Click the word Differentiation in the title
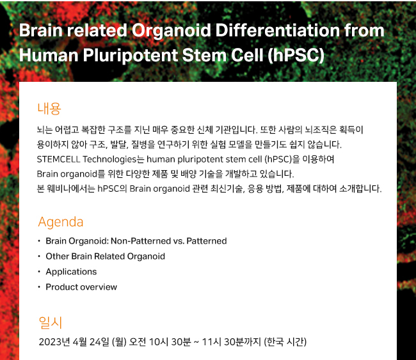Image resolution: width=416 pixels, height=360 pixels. pyautogui.click(x=278, y=30)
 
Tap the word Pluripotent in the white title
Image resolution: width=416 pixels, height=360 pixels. pyautogui.click(x=131, y=56)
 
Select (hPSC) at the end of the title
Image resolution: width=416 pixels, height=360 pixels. pyautogui.click(x=296, y=56)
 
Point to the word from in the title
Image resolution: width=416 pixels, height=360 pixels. pyautogui.click(x=364, y=30)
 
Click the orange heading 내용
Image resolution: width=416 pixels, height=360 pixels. pyautogui.click(x=49, y=109)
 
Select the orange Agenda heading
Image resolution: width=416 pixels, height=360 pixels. pyautogui.click(x=61, y=222)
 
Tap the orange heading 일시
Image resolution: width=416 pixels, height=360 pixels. pyautogui.click(x=50, y=323)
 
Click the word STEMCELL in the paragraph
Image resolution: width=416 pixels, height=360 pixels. pyautogui.click(x=58, y=159)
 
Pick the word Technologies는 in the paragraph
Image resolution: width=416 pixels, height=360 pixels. pyautogui.click(x=113, y=159)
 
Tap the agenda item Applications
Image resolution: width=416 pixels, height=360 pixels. pyautogui.click(x=71, y=272)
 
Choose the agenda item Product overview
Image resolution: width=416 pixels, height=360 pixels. pyautogui.click(x=81, y=287)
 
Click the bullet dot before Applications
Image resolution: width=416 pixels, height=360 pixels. pyautogui.click(x=39, y=272)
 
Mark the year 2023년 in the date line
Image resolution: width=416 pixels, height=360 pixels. pyautogui.click(x=54, y=342)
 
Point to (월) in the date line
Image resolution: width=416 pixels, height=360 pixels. pyautogui.click(x=120, y=342)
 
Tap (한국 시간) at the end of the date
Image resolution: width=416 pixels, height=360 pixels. pyautogui.click(x=285, y=342)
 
